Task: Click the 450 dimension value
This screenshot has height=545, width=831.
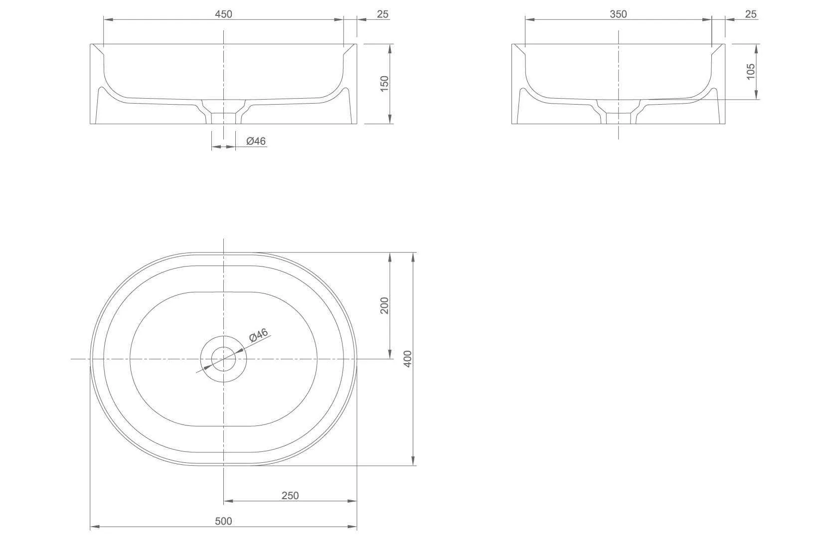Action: (223, 14)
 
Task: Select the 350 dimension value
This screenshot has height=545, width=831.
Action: (618, 14)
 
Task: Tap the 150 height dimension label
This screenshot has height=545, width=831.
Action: (384, 84)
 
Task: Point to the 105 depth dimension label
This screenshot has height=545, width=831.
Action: (750, 72)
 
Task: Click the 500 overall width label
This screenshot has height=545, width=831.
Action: (223, 521)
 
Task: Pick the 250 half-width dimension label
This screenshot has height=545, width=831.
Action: (290, 496)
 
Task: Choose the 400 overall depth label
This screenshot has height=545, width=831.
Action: (407, 359)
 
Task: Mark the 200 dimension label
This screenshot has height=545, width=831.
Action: (384, 305)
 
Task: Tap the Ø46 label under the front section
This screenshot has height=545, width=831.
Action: (256, 141)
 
